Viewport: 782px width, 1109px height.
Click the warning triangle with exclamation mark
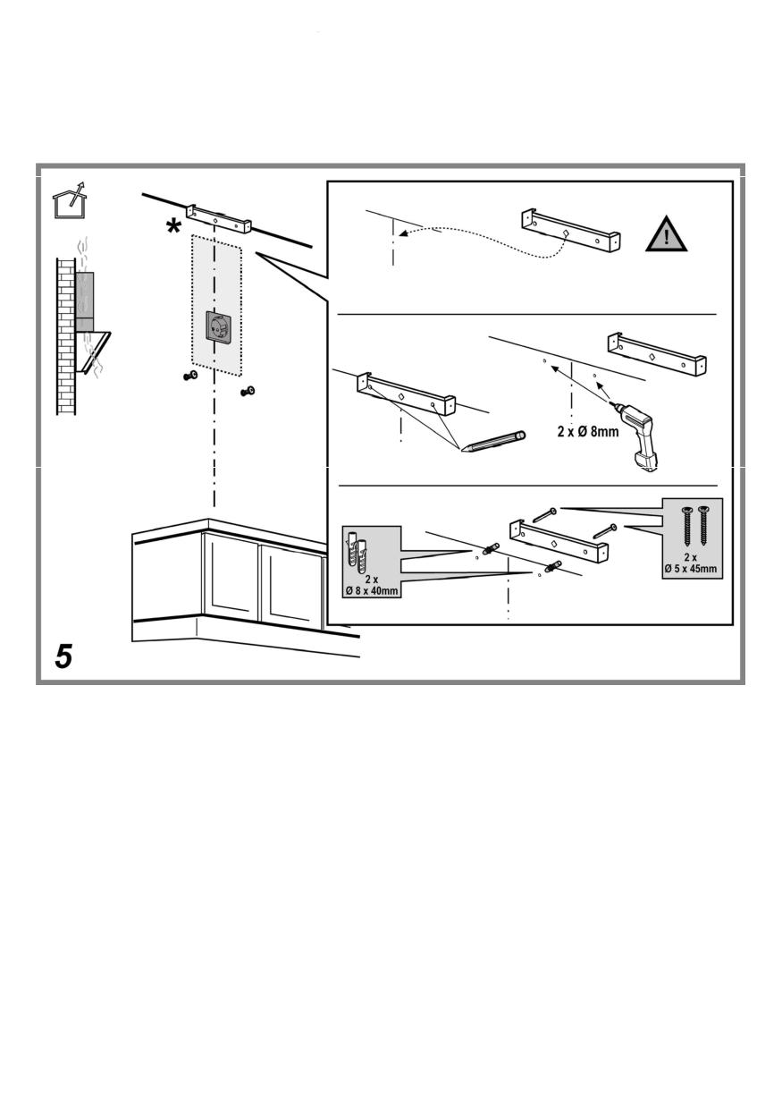coord(666,235)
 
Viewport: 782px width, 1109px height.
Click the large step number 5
coord(64,657)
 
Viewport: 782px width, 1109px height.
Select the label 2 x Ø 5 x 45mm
coord(691,563)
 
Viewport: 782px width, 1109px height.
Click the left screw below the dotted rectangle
coord(189,377)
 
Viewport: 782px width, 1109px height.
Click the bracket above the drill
coord(657,354)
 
